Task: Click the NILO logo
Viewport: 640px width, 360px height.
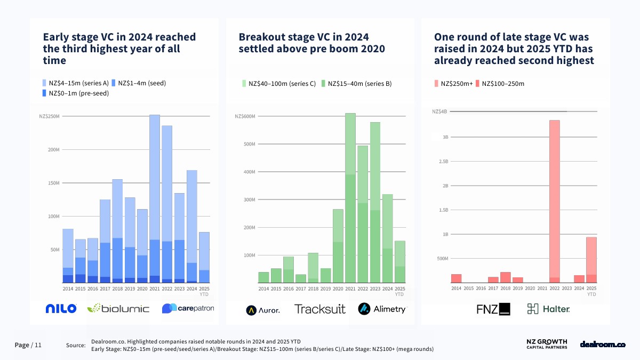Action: [x=61, y=308]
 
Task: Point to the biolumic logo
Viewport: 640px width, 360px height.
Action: [x=118, y=308]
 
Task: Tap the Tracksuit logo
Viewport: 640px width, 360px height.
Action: [x=319, y=309]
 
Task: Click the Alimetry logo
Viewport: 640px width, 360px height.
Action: [x=382, y=309]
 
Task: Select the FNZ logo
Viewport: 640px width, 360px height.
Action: [x=493, y=309]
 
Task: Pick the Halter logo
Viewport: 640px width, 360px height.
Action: [x=548, y=309]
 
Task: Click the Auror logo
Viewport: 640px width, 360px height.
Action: [x=263, y=309]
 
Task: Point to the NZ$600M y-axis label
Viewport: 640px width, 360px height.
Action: [x=245, y=116]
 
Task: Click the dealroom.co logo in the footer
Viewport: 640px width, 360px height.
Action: [x=602, y=345]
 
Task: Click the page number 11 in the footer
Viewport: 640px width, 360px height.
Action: [x=38, y=345]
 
